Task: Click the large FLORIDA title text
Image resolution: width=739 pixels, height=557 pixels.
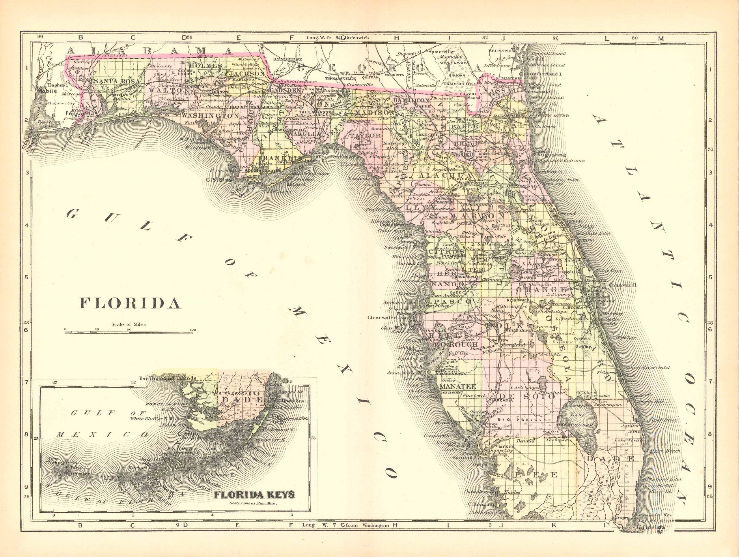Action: point(130,303)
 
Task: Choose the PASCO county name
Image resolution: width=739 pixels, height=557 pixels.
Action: point(451,301)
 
